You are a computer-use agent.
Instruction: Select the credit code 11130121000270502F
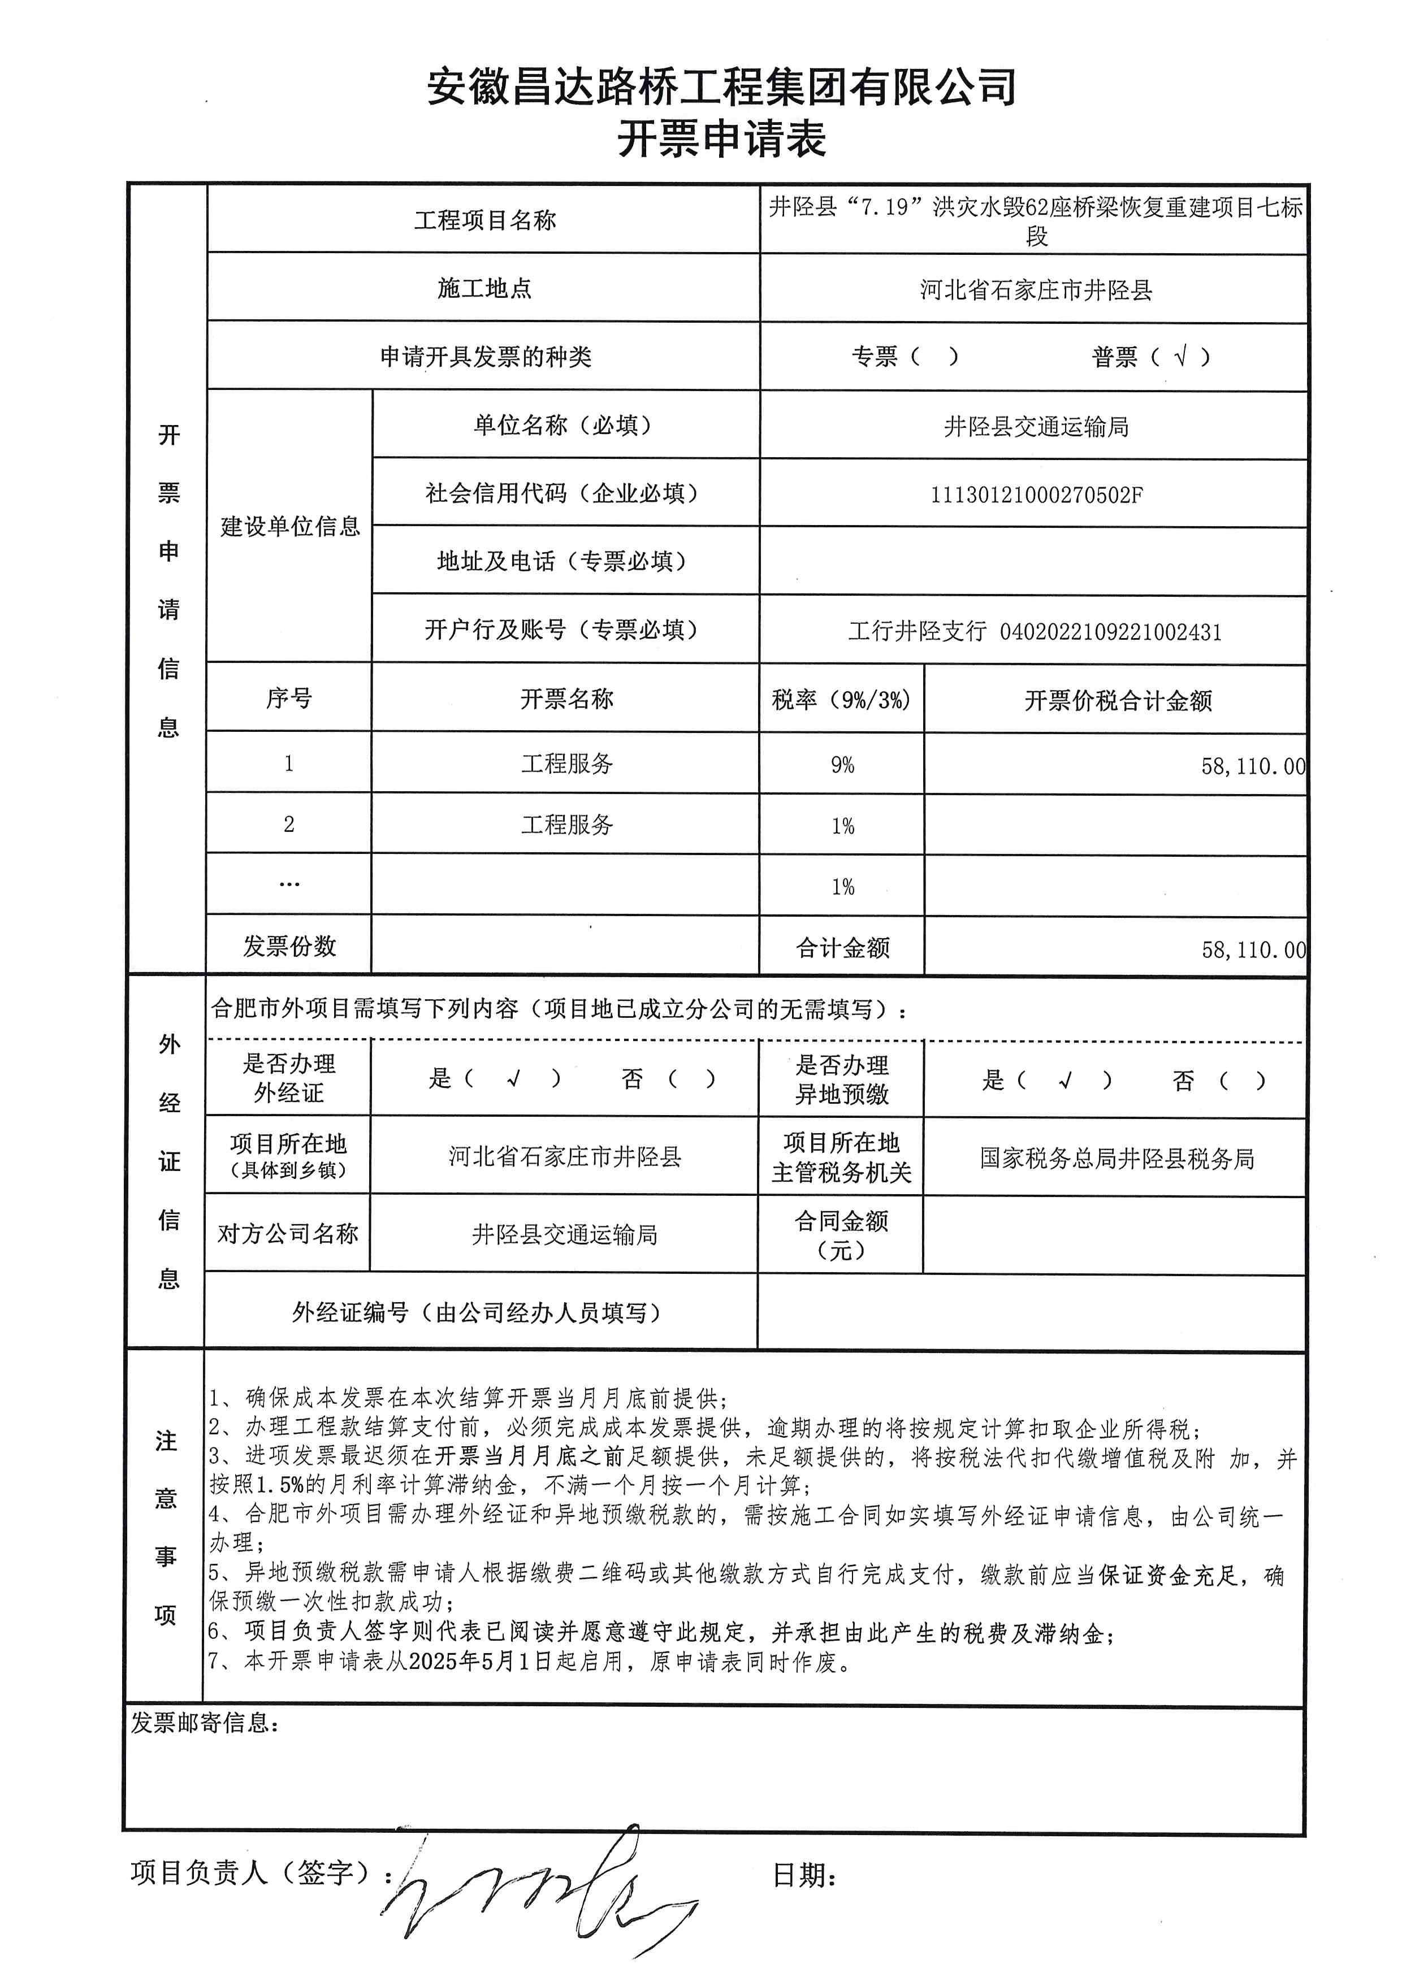point(1036,495)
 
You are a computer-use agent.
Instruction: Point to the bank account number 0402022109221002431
point(1110,632)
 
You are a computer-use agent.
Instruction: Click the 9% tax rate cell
point(842,765)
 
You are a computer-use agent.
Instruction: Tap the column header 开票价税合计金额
point(1118,700)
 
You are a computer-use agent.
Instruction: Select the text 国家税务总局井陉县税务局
point(1117,1159)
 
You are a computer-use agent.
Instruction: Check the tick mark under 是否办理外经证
point(514,1078)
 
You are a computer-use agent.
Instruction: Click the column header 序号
point(289,699)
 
